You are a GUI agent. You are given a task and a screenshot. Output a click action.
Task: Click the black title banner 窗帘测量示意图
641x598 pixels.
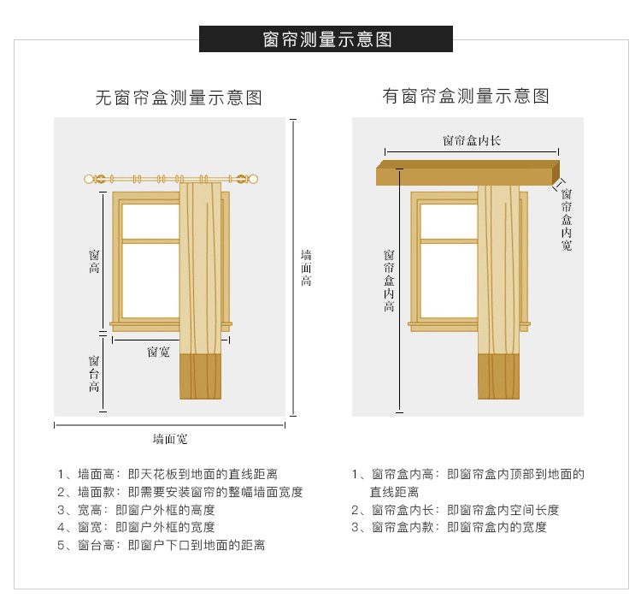pos(326,38)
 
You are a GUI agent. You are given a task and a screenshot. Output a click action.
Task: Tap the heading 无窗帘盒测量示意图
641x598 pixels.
pos(179,98)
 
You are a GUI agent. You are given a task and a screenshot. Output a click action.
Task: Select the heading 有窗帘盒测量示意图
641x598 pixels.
pos(466,96)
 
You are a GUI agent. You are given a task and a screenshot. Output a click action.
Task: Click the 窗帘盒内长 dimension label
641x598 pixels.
pos(472,141)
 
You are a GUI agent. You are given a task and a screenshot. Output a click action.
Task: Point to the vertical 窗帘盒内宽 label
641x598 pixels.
pos(566,219)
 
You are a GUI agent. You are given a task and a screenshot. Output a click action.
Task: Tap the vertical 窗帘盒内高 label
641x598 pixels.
pos(389,281)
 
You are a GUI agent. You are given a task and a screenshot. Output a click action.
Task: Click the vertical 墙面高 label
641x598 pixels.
pos(306,268)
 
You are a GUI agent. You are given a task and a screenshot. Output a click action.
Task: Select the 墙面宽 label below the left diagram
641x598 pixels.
pos(170,439)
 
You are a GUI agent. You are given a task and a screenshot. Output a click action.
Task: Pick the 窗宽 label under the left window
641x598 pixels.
pos(158,352)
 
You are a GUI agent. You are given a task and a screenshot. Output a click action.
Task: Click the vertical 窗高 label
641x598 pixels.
pos(94,261)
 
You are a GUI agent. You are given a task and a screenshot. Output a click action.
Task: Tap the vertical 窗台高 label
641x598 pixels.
pos(94,373)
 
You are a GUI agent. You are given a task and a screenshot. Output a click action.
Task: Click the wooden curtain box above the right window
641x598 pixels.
pos(468,173)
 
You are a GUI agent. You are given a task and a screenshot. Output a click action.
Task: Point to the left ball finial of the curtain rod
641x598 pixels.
pos(88,179)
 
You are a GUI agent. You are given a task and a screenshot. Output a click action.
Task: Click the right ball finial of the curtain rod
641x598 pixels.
pos(254,179)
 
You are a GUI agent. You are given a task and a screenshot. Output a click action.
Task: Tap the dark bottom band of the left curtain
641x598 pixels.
pos(200,376)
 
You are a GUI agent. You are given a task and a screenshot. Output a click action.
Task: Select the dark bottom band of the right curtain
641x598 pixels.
pos(499,376)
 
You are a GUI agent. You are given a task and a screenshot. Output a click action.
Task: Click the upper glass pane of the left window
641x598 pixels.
pos(150,221)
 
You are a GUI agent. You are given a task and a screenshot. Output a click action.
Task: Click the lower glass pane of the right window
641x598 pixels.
pos(449,281)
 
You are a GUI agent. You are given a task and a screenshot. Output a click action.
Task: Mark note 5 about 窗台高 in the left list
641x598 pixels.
pos(161,545)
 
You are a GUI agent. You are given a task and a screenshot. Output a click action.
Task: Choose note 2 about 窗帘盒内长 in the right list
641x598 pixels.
pos(455,510)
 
